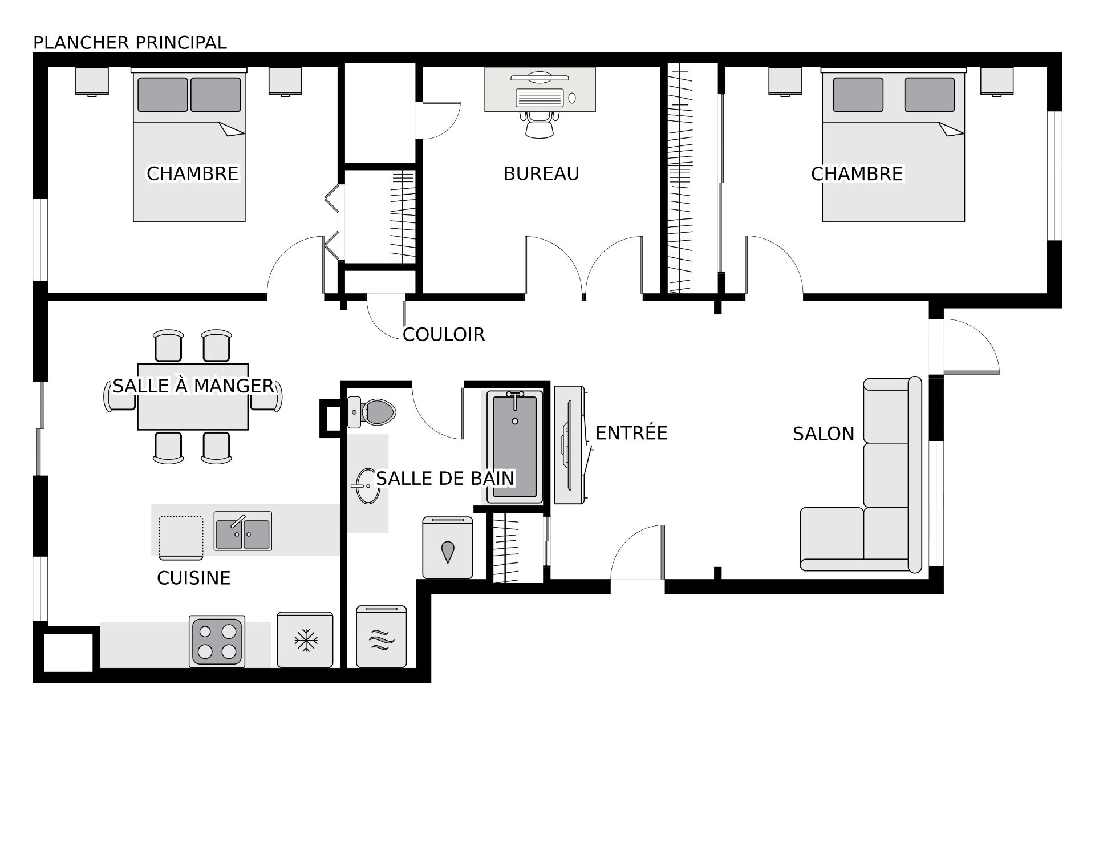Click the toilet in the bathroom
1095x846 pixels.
pos(371,411)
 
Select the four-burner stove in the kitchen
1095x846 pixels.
pos(217,642)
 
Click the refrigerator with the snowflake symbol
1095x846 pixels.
pos(305,639)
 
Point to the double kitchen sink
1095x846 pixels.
pos(242,531)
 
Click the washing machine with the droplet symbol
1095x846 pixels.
pos(448,548)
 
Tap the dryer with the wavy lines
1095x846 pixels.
pos(382,637)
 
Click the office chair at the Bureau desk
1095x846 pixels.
pos(540,124)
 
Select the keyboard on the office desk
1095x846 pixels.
pos(540,98)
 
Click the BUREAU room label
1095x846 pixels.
pos(541,173)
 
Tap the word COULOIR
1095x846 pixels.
pos(444,334)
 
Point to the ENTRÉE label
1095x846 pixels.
pos(631,433)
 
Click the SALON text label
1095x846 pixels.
pos(824,434)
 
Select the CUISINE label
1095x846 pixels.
pos(194,578)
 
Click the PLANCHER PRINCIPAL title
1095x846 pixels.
pos(130,43)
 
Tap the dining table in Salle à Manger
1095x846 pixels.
pos(193,396)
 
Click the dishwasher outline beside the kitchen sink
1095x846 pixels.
pos(181,537)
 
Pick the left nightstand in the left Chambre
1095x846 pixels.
pos(92,81)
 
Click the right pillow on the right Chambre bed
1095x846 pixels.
pos(929,95)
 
